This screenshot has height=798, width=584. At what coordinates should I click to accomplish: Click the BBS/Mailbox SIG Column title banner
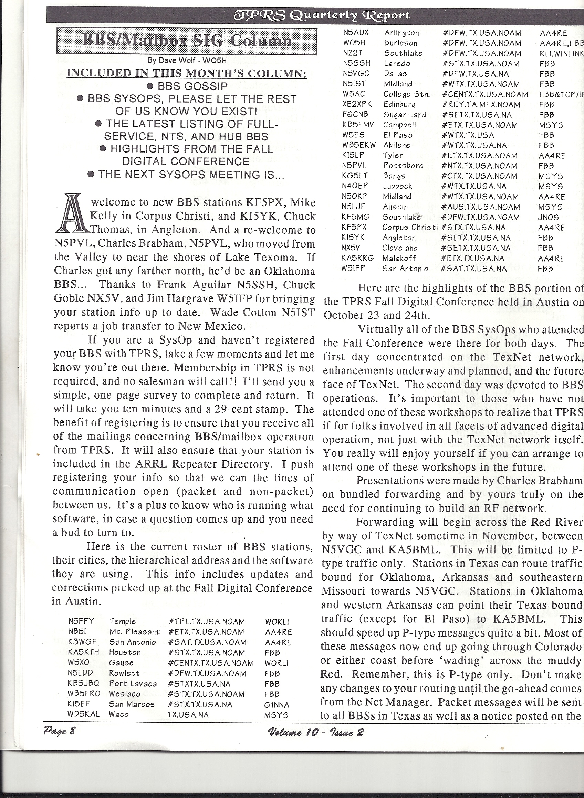[187, 41]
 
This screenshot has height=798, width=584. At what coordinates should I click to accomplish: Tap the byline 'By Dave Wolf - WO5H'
[186, 60]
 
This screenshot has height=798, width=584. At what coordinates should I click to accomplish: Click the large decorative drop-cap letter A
[70, 213]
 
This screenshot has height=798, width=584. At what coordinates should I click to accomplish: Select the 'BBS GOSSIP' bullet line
[187, 86]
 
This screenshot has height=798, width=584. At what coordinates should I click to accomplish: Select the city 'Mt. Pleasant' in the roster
[134, 631]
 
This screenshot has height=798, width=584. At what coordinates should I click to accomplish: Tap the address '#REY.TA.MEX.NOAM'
[481, 105]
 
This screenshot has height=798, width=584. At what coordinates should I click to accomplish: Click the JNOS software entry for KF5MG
[548, 217]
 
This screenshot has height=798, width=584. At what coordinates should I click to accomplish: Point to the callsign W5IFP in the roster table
[353, 268]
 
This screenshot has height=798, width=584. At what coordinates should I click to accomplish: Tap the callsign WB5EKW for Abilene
[358, 145]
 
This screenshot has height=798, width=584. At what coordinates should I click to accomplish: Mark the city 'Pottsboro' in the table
[403, 166]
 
